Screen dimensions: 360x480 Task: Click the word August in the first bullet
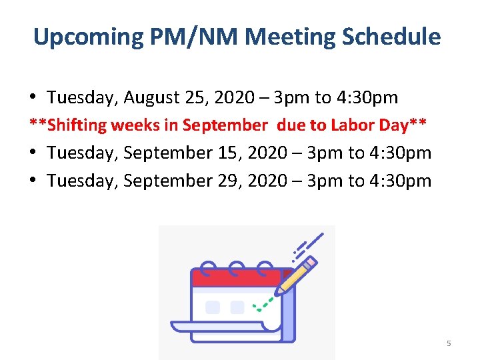pyautogui.click(x=151, y=98)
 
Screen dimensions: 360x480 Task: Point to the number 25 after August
pyautogui.click(x=195, y=98)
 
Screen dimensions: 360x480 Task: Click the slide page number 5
pyautogui.click(x=449, y=343)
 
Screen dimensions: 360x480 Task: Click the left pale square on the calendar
pyautogui.click(x=213, y=307)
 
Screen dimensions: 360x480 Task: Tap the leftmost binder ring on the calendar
pyautogui.click(x=209, y=268)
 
